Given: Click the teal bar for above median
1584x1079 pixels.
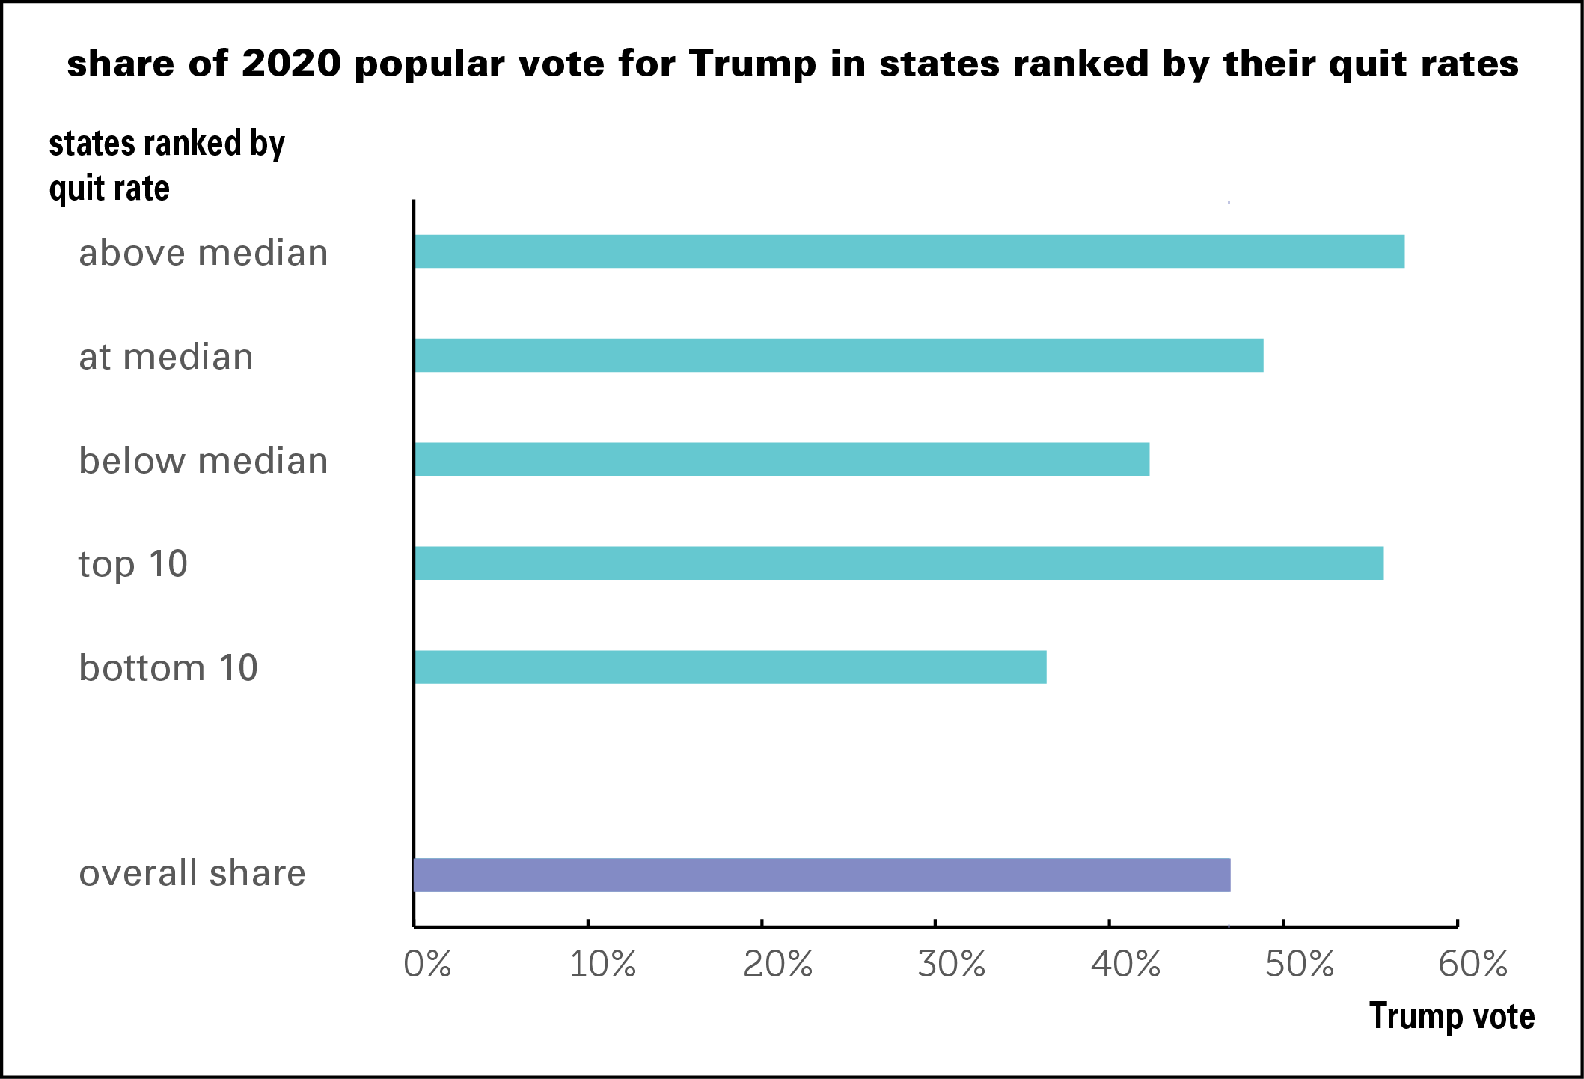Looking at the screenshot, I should coord(909,251).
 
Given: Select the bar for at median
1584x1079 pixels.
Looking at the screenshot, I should coord(838,355).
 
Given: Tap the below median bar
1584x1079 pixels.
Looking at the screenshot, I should coord(782,459).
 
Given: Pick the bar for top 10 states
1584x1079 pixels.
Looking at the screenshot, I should coord(898,563).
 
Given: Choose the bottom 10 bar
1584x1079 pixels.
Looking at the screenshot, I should coord(730,667).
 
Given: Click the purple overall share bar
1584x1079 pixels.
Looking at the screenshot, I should coord(822,875).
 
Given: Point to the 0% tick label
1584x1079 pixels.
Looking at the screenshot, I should coord(427,965).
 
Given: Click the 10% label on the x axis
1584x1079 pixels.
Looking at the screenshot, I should coord(602,965).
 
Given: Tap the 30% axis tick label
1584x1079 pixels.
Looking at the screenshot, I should coord(951,965).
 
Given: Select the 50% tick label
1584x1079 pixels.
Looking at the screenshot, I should coord(1300,965).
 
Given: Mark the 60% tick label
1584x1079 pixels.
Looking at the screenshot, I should coord(1473,965).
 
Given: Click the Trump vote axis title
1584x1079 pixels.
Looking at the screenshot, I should coord(1452,1016).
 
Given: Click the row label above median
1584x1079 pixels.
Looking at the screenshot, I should coord(204,253).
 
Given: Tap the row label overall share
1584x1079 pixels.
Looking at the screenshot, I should coord(192,873).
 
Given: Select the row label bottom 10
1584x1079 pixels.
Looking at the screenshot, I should coord(168,667).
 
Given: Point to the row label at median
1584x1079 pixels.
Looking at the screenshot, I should coord(166,357).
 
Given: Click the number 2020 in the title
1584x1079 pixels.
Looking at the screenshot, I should coord(291,64).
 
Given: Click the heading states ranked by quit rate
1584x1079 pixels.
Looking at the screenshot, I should coord(166,165).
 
